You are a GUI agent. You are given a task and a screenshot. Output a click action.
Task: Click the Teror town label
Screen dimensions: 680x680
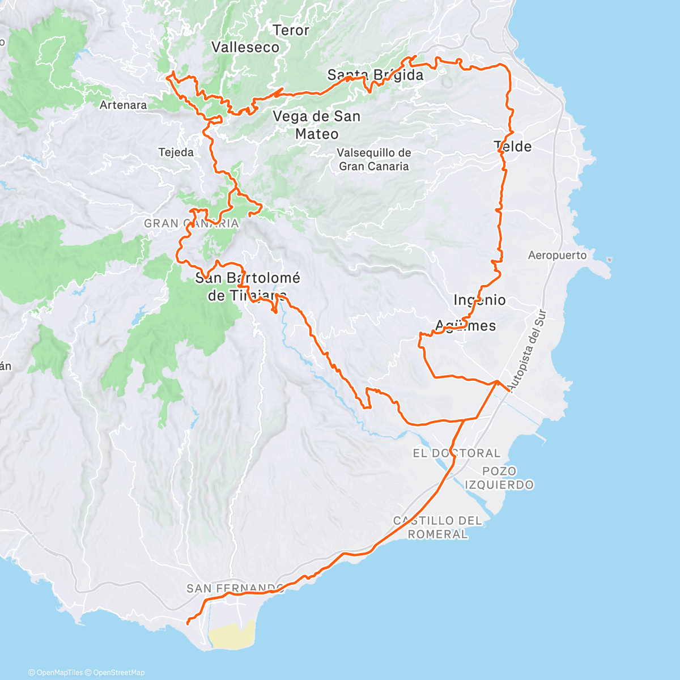[x=291, y=31]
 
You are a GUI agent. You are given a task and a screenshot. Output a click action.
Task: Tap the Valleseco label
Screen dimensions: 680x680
[x=245, y=48]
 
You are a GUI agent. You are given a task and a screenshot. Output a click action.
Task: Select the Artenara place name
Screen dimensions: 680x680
[x=123, y=105]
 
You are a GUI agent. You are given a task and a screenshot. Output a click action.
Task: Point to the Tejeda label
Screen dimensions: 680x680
[x=176, y=152]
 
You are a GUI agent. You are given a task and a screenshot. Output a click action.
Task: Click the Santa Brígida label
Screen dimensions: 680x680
[x=375, y=75]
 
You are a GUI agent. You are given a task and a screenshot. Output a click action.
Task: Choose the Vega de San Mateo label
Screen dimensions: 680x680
[x=317, y=125]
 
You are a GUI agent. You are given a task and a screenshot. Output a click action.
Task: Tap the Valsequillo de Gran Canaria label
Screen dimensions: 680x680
[x=373, y=159]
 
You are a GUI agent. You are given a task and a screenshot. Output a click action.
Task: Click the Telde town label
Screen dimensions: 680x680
[x=513, y=147]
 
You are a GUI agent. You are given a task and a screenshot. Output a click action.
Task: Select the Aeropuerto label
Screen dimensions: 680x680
[x=557, y=256]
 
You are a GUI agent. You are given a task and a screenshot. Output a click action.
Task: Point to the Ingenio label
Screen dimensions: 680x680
[x=479, y=300]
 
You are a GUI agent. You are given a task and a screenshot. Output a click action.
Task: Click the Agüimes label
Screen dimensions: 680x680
[x=465, y=326]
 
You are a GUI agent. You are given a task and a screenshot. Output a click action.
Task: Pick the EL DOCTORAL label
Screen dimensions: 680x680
[x=456, y=453]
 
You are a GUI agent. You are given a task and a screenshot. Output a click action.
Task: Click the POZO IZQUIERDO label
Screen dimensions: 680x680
[x=499, y=478]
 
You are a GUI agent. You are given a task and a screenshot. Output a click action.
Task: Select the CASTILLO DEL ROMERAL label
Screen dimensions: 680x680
[x=437, y=527]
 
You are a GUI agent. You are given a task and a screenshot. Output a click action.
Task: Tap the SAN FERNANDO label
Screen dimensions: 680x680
[x=235, y=589]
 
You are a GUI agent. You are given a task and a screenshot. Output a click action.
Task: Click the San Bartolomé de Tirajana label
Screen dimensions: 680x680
[x=247, y=286]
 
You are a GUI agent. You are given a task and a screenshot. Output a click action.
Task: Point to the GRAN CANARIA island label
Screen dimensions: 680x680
[x=191, y=223]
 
